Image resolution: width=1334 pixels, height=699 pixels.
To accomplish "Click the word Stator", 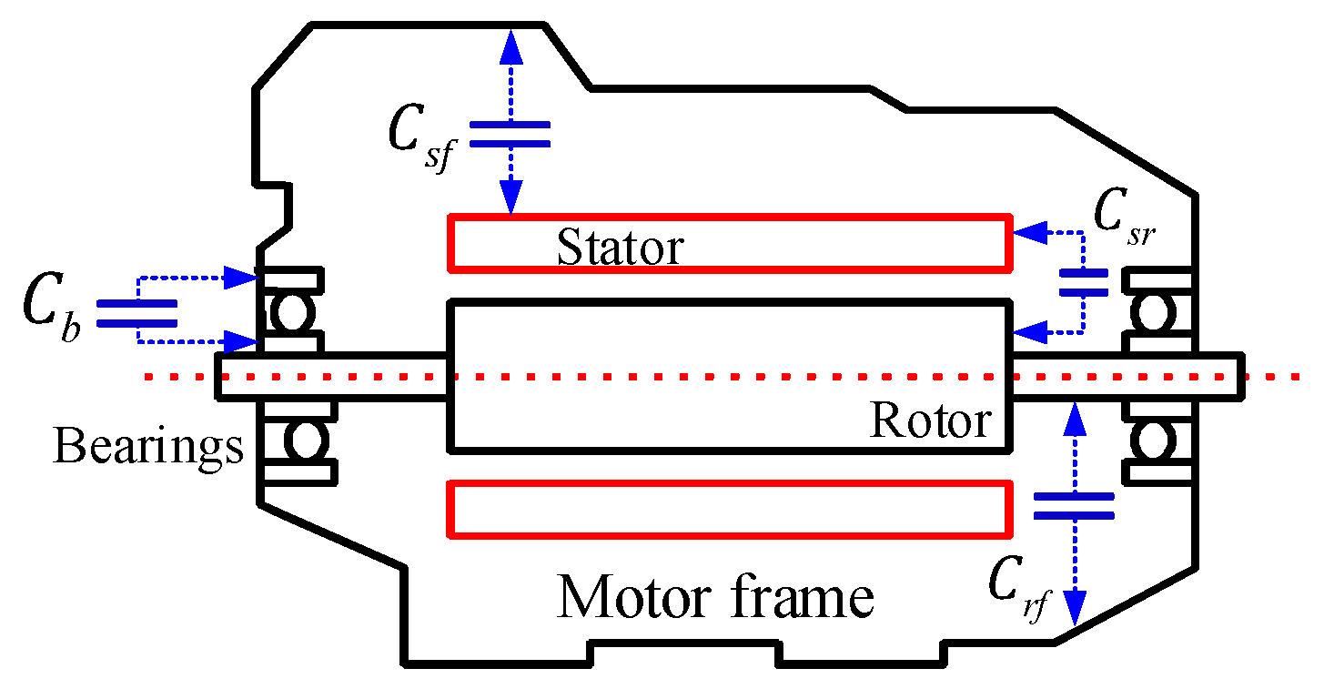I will (620, 248).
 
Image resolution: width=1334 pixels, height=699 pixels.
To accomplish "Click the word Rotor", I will (930, 420).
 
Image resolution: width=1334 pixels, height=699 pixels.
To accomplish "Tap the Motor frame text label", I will (715, 598).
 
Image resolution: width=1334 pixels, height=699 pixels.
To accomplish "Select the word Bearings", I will (148, 447).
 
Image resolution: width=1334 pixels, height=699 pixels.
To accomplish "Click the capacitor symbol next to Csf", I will (510, 134).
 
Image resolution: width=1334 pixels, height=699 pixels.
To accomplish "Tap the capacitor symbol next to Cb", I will (136, 313).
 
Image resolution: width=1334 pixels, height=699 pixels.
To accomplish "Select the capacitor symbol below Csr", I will (1083, 282).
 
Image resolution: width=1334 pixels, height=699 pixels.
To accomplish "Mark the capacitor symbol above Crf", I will (1074, 507).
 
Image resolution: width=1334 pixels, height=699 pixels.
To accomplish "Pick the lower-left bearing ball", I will (303, 441).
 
